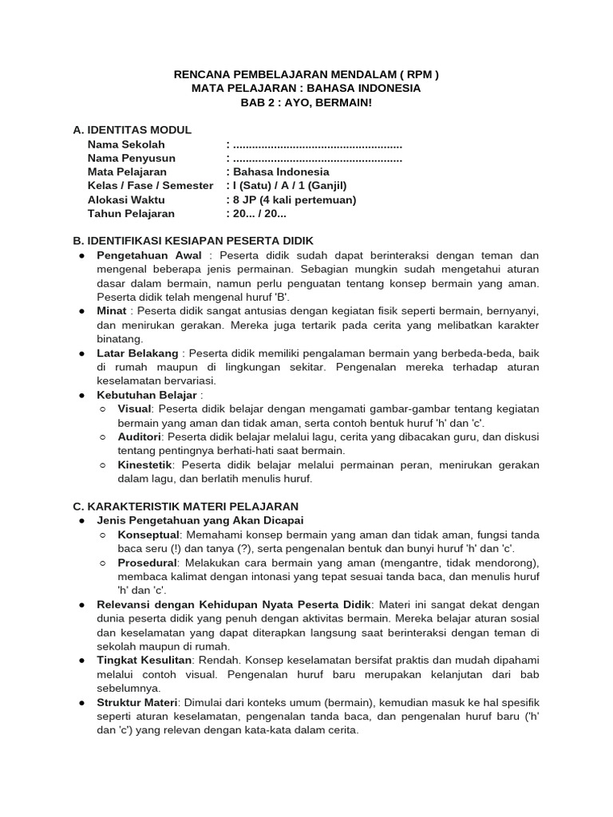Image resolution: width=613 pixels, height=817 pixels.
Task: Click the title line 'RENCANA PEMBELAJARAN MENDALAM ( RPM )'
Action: click(306, 75)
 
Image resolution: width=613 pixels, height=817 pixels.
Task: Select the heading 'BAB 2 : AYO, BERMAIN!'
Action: click(306, 102)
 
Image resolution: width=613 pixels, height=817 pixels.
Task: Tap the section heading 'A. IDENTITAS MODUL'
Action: click(132, 130)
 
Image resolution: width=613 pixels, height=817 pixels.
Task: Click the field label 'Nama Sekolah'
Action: click(126, 144)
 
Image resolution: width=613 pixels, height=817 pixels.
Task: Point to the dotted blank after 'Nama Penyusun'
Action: click(316, 158)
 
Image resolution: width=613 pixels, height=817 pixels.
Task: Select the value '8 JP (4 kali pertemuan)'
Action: click(294, 199)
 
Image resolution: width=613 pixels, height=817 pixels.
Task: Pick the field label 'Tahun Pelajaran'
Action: click(131, 213)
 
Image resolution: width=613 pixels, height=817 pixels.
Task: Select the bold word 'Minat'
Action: click(112, 310)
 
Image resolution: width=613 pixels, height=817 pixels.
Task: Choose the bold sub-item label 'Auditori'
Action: click(140, 436)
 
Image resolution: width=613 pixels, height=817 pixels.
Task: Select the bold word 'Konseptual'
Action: click(149, 534)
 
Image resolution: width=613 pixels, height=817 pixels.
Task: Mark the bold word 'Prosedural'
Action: click(148, 562)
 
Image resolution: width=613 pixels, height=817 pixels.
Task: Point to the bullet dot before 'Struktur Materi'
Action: click(82, 701)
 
